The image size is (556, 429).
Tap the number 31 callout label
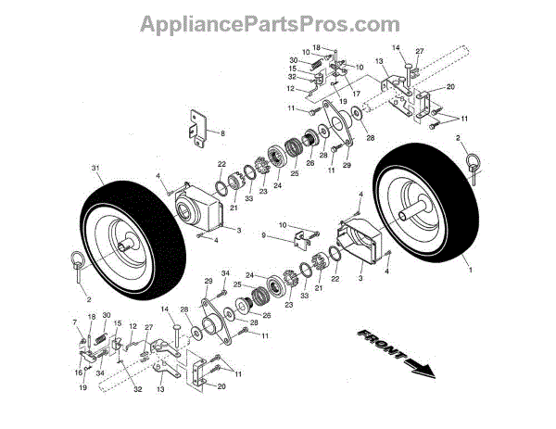click(x=95, y=168)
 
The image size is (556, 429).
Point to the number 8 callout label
click(x=222, y=134)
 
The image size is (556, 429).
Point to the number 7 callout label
click(x=76, y=322)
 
